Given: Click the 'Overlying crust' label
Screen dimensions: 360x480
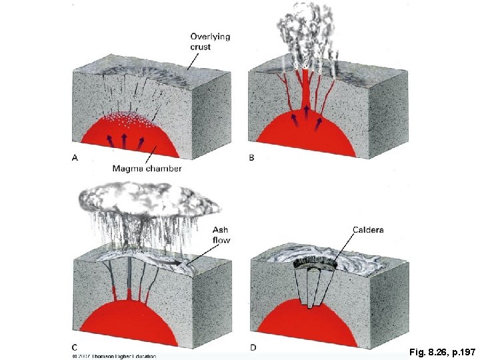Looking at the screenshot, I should click(x=210, y=41).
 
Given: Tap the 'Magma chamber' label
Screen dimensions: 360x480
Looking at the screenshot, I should click(x=147, y=169).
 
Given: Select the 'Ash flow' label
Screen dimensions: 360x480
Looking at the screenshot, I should click(x=221, y=235).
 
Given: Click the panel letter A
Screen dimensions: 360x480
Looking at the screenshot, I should click(x=74, y=158).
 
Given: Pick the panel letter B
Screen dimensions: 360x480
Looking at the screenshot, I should click(x=251, y=158).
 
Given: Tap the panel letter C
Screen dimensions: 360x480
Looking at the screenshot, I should click(x=75, y=347).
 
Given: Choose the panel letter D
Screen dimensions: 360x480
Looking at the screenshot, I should click(x=251, y=347).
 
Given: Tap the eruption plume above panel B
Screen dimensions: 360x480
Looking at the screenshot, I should click(x=303, y=30).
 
